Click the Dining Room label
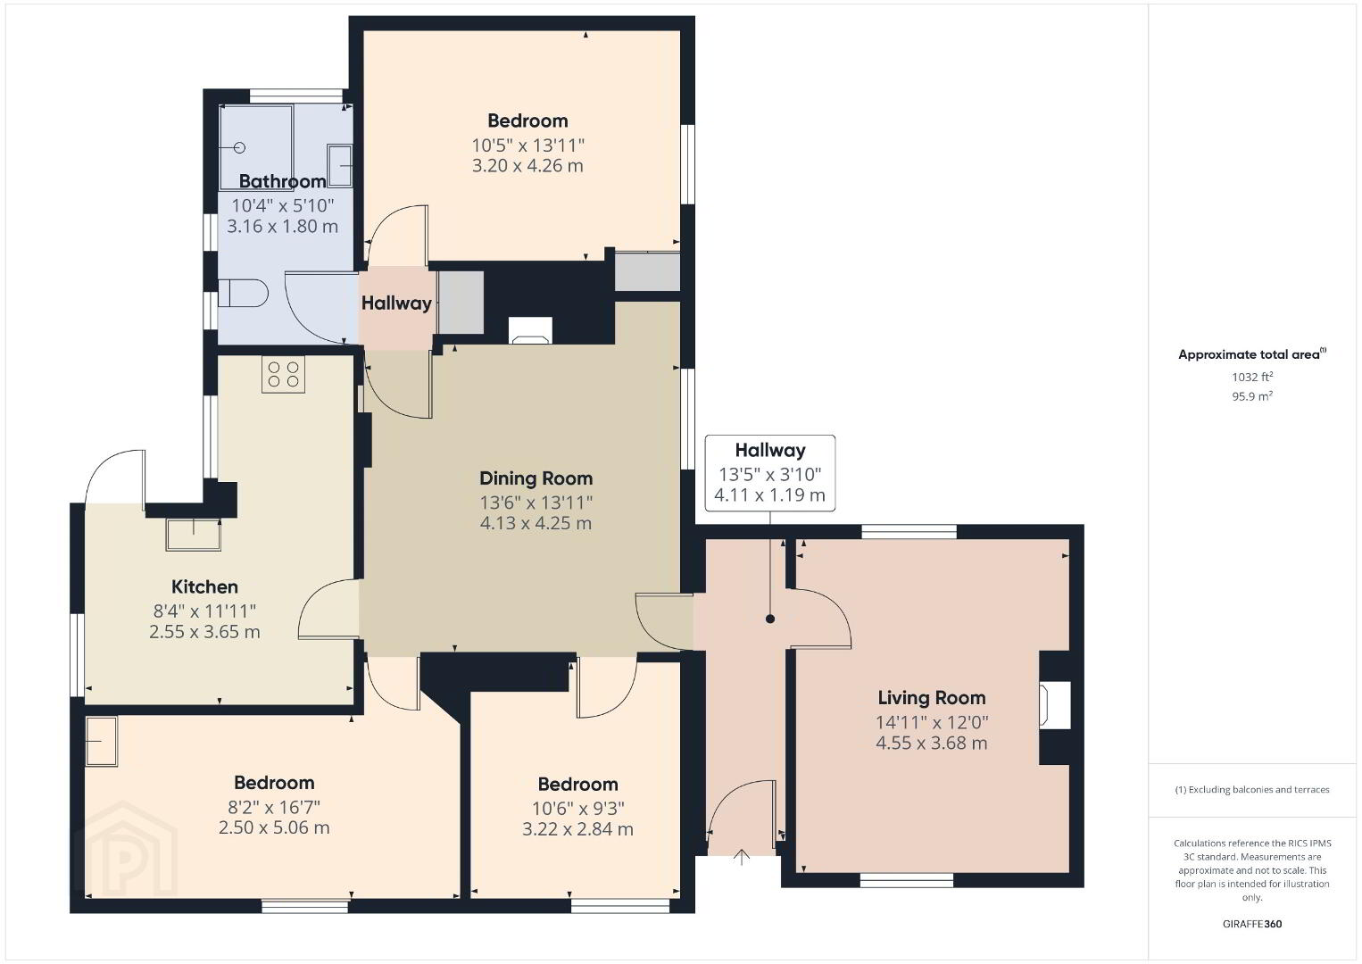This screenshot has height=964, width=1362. [536, 478]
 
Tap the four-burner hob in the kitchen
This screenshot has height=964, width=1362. [283, 374]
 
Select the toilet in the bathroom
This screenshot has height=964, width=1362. [243, 294]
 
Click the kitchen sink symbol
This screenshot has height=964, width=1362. [194, 535]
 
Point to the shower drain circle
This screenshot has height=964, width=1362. [239, 147]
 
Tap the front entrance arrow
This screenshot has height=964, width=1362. [741, 858]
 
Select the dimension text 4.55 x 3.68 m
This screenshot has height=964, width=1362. [932, 744]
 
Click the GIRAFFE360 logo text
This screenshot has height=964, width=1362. [1252, 924]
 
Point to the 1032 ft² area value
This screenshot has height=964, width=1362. [1252, 377]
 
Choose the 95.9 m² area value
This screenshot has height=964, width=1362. [1252, 396]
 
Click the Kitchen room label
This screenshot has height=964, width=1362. [204, 587]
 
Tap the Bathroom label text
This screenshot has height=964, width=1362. [282, 181]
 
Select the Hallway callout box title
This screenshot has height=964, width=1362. [769, 450]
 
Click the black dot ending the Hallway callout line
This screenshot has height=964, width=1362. [769, 619]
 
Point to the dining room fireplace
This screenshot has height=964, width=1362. [530, 331]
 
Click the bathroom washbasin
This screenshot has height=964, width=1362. [339, 165]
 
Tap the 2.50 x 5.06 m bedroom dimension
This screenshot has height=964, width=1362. [274, 827]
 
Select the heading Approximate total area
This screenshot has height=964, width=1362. [1252, 354]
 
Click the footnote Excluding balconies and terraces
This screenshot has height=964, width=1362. [1252, 789]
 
